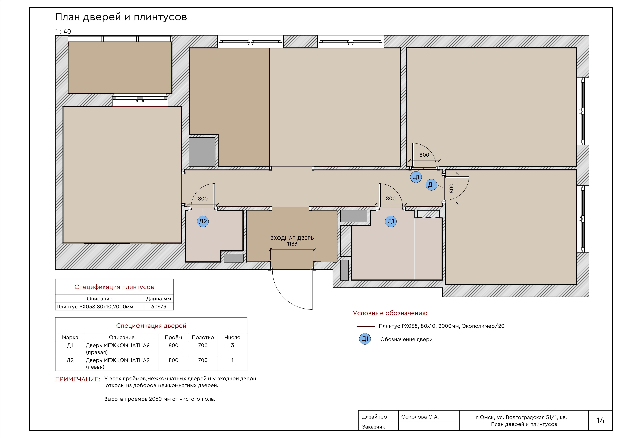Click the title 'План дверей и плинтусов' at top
(121, 17)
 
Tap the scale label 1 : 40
(63, 32)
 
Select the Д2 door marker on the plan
(203, 222)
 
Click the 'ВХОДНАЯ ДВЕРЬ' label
(292, 238)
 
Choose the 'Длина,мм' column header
(158, 299)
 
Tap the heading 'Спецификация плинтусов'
(114, 287)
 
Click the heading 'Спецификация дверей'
(151, 326)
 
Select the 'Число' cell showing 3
(232, 345)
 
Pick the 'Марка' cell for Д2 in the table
(70, 360)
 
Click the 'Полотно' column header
(203, 337)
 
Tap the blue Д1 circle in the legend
(365, 339)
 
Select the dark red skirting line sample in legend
(366, 326)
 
